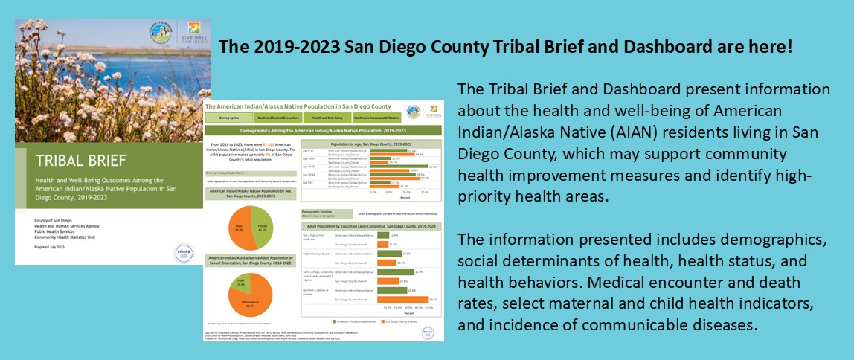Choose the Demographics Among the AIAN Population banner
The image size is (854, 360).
pos(322,129)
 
